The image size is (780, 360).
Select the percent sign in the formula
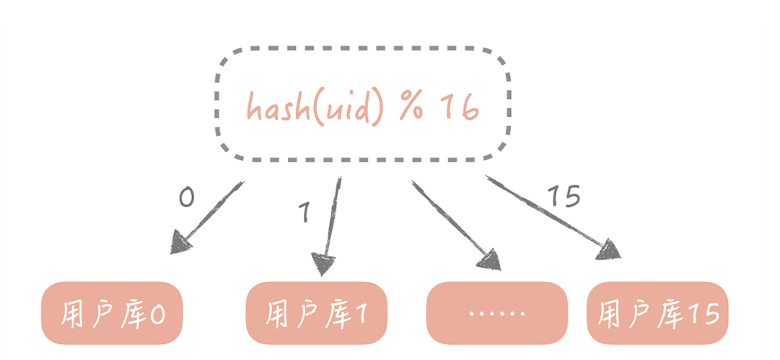click(x=411, y=106)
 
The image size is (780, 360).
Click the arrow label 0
click(x=186, y=198)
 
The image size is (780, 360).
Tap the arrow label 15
click(x=564, y=196)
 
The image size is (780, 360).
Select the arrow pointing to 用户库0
click(x=206, y=217)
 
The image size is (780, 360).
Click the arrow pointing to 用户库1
click(x=330, y=225)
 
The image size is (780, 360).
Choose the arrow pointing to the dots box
click(x=455, y=224)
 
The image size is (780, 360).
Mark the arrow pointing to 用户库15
click(x=552, y=217)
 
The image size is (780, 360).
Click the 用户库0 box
click(x=112, y=313)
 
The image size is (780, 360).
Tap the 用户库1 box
click(x=317, y=313)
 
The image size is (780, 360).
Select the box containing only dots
click(x=497, y=313)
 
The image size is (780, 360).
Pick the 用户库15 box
click(x=657, y=313)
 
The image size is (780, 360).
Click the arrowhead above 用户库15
click(x=610, y=250)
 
